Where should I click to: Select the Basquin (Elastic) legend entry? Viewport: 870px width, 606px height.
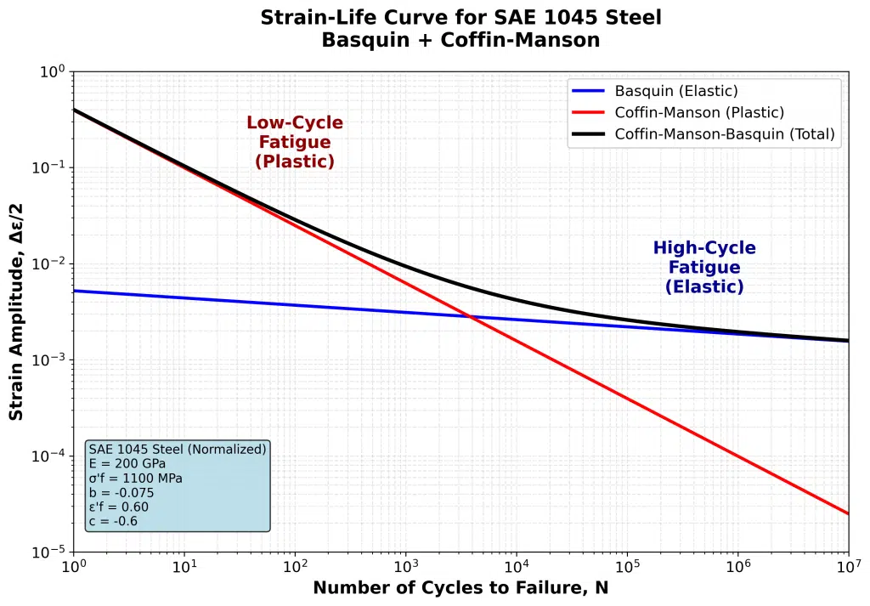676,91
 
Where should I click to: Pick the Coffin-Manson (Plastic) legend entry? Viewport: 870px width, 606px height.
699,112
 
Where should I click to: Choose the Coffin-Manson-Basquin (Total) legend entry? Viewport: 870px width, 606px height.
725,133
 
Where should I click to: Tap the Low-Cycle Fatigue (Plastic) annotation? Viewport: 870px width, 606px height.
295,142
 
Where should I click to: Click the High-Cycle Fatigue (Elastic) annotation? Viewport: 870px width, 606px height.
704,267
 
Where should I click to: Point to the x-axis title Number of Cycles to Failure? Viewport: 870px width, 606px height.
460,587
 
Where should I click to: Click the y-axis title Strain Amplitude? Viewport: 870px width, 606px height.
16,311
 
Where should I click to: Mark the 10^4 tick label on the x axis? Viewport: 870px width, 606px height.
516,567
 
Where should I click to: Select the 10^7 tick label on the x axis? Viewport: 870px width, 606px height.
848,567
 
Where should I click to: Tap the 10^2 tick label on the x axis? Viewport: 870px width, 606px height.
295,567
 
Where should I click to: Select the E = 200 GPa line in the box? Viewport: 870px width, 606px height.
127,463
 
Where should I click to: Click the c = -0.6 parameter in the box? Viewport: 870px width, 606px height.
113,521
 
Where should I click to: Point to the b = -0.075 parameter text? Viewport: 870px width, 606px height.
121,492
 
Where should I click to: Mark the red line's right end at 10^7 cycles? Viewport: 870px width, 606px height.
847,513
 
